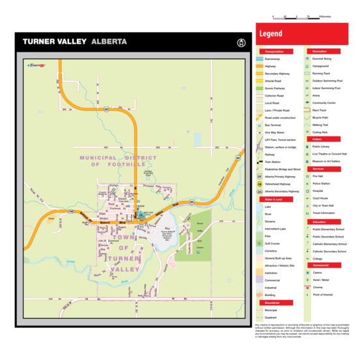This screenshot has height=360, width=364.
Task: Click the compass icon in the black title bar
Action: pos(241,42)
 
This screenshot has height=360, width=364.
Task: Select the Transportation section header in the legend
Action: pos(274,51)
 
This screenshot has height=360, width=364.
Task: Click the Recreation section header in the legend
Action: pos(320,51)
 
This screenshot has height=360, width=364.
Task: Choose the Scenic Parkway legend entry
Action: pos(276,87)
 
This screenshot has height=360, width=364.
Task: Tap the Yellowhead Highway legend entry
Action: pos(277,184)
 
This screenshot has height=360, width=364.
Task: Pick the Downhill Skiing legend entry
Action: pos(322,59)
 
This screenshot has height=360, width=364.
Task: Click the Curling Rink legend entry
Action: pos(320,132)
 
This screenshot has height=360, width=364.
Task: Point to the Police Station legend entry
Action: pos(322,183)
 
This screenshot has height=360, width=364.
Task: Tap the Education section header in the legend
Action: pos(320,221)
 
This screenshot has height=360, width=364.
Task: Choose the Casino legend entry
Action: pos(317,273)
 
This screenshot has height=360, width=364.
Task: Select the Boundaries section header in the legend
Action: pos(274,302)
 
